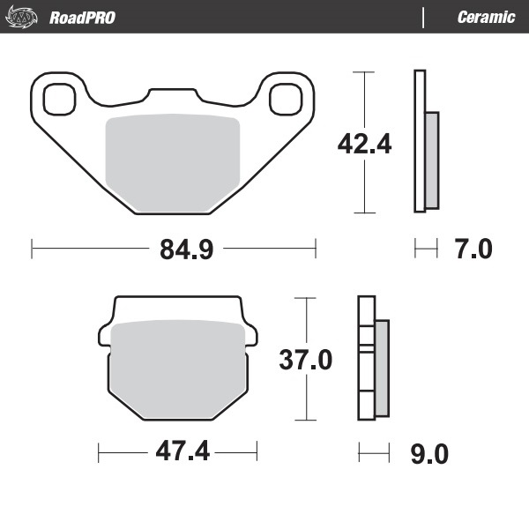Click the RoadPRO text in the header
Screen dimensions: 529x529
coord(82,17)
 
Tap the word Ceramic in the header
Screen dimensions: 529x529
coord(486,17)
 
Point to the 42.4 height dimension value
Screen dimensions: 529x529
coord(364,142)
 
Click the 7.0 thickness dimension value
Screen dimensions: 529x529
coord(473,250)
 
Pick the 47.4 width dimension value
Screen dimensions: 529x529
coord(183,452)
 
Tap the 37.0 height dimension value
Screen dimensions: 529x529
coord(305,361)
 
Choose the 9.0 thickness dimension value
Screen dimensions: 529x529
coord(430,455)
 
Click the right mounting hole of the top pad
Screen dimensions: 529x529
coord(287,99)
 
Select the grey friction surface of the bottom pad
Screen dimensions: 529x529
coord(176,366)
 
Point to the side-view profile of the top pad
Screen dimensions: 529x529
coord(425,141)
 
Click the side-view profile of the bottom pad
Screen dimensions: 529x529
coord(373,361)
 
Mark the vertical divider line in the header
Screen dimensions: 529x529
coord(424,17)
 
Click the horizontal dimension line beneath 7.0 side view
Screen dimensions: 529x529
coord(426,250)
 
